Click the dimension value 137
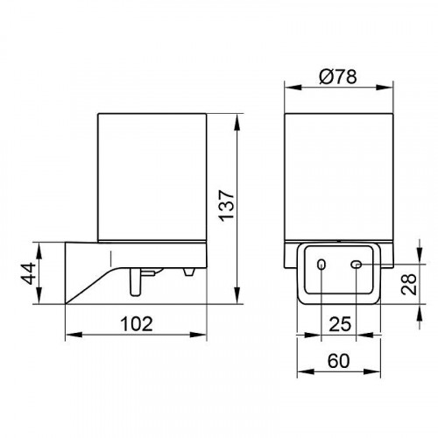pyautogui.click(x=227, y=206)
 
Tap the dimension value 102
pyautogui.click(x=137, y=324)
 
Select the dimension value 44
pyautogui.click(x=28, y=273)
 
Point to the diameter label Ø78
pyautogui.click(x=338, y=77)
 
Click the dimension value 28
pyautogui.click(x=409, y=284)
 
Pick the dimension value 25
pyautogui.click(x=340, y=324)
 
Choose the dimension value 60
pyautogui.click(x=338, y=361)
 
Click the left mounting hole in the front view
pyautogui.click(x=321, y=265)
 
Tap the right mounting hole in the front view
pyautogui.click(x=356, y=265)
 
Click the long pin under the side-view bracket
pyautogui.click(x=135, y=282)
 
